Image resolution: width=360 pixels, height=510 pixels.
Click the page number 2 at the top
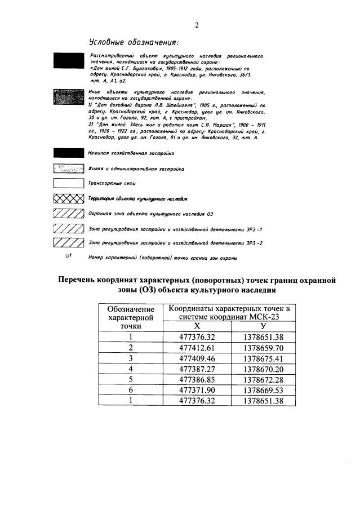coord(197,25)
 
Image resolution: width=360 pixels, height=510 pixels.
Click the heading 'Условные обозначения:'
coord(134,43)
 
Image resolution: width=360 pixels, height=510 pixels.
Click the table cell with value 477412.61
coord(197,347)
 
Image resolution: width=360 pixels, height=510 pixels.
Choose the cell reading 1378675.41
coord(263,358)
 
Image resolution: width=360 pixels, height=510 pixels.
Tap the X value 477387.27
coord(197,369)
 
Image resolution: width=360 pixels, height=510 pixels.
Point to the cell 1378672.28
coord(263,379)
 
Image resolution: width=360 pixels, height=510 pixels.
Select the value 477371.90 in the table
coord(197,390)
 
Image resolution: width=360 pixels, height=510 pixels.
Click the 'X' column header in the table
coord(197,326)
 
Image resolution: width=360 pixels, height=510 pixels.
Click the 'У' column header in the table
coord(263,326)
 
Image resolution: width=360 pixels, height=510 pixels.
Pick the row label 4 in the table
coord(130,369)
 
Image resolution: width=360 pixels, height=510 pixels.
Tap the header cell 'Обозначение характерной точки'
coord(130,317)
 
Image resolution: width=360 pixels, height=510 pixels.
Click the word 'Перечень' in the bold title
coord(83,280)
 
